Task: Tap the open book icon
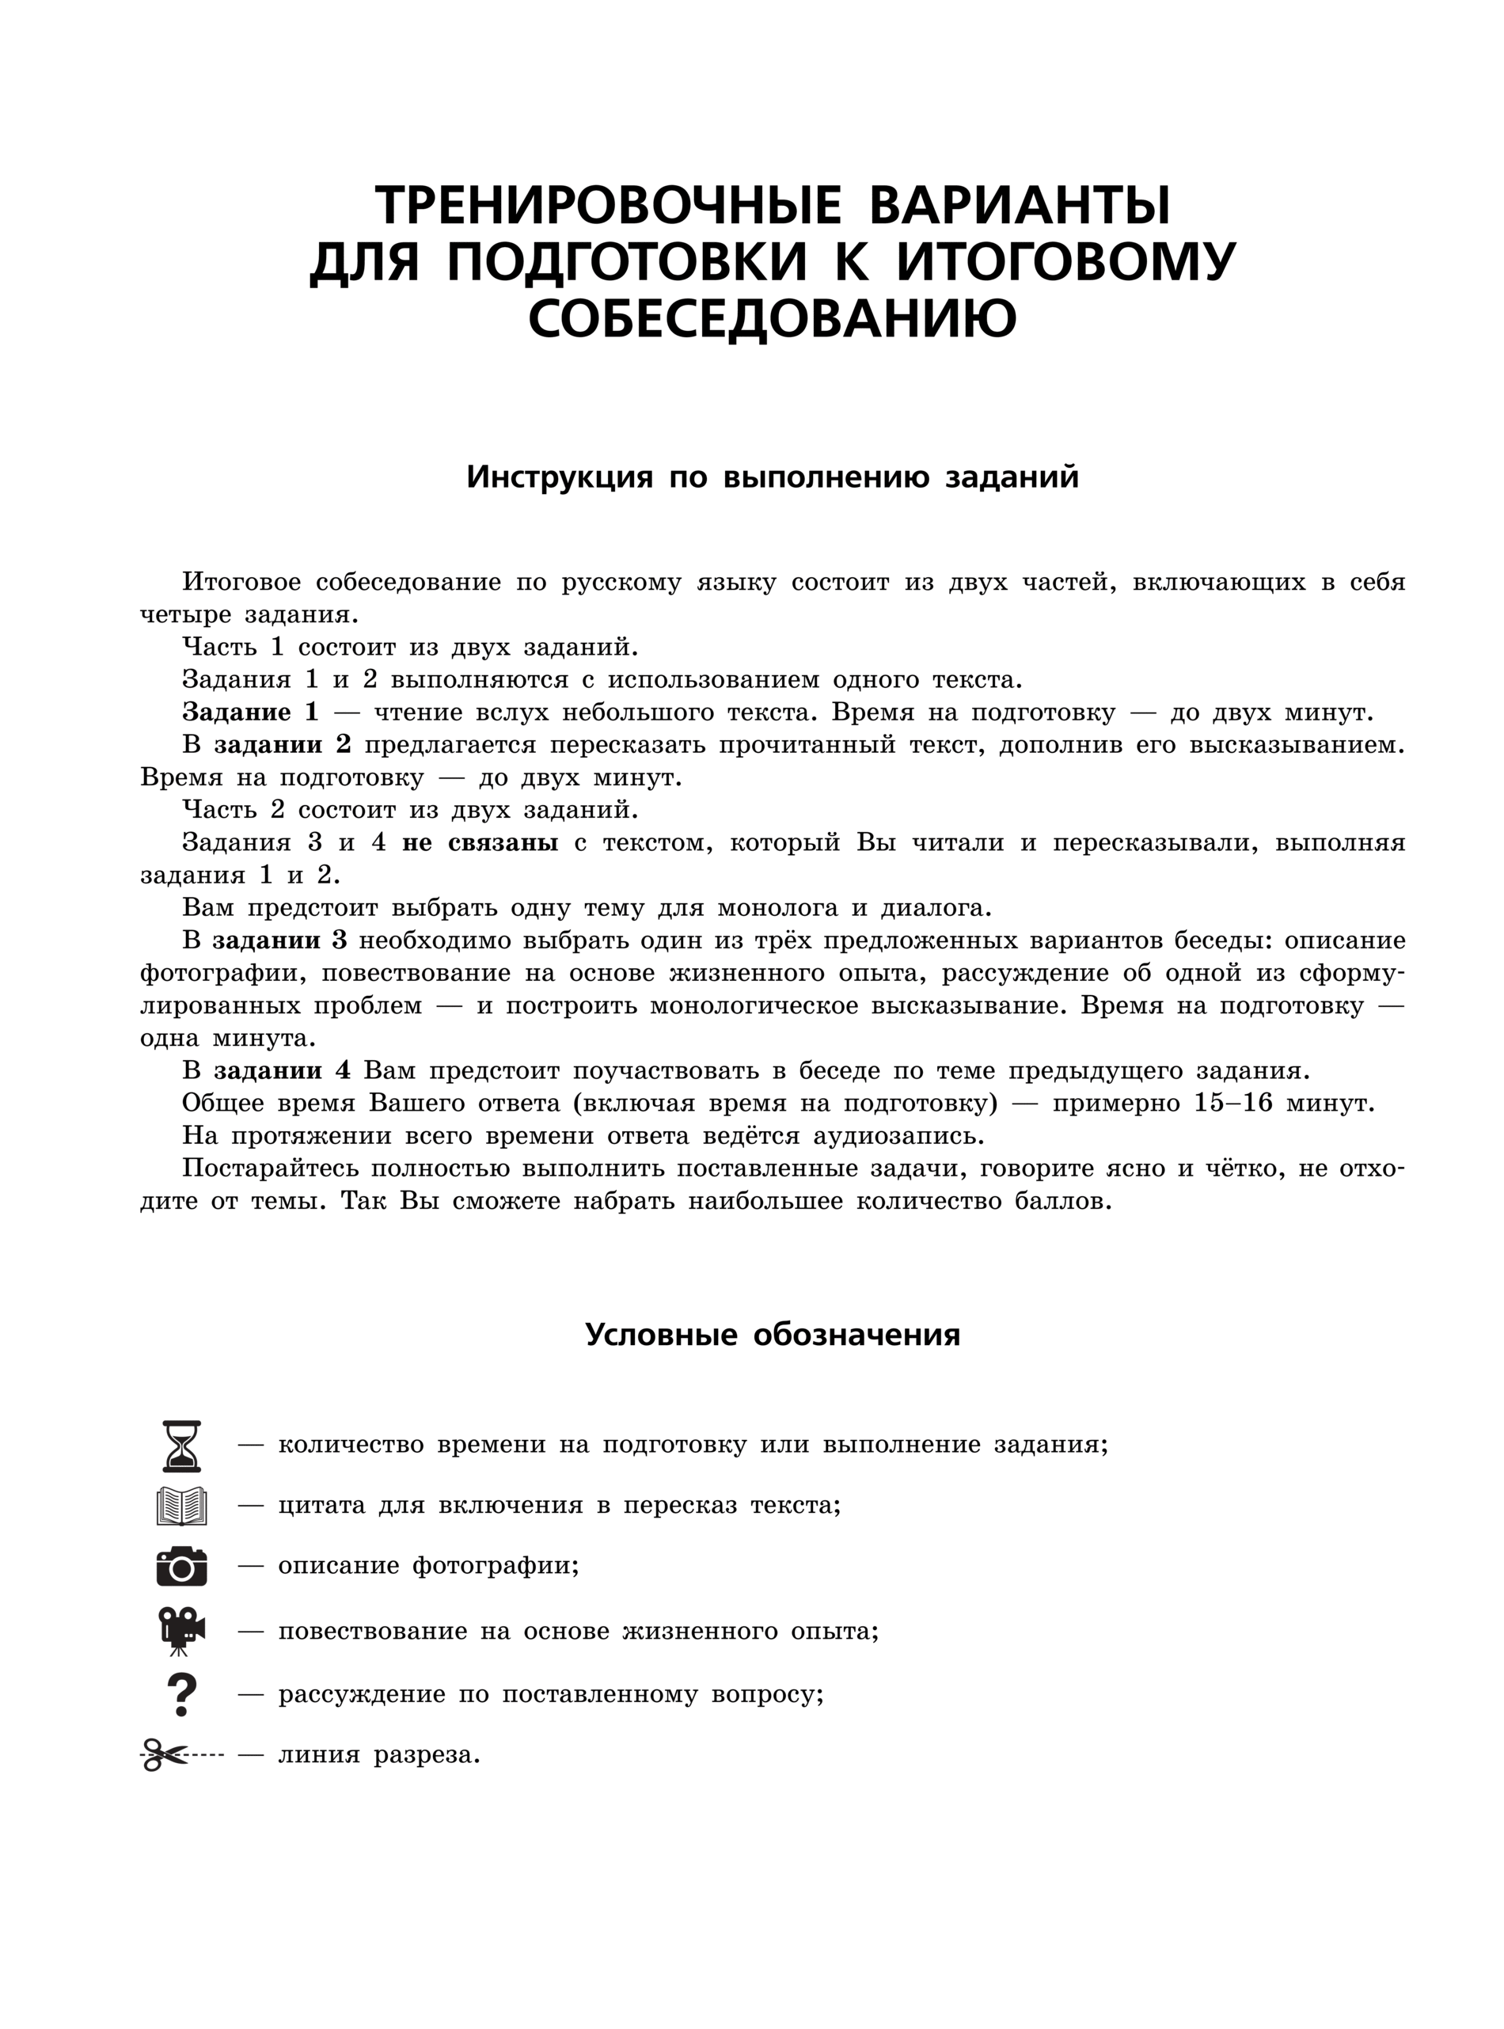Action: click(x=181, y=1507)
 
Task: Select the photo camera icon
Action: click(x=181, y=1566)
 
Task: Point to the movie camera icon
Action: click(x=181, y=1630)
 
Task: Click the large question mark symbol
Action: click(x=182, y=1694)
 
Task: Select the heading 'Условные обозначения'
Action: click(x=772, y=1336)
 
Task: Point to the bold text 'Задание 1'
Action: click(x=250, y=712)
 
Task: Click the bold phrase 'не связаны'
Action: click(x=480, y=842)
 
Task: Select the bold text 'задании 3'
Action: click(x=279, y=940)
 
